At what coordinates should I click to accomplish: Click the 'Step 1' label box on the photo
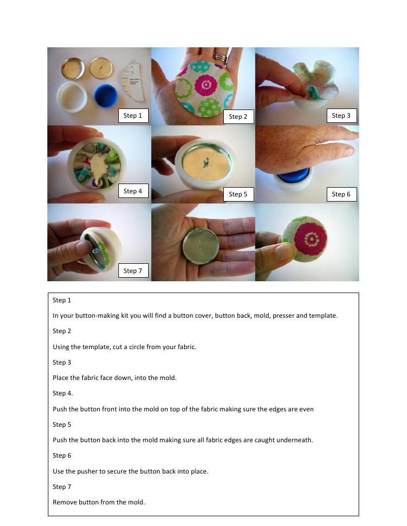(x=133, y=116)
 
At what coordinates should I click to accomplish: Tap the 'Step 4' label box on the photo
(x=133, y=191)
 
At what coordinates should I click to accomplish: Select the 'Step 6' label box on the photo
(x=342, y=194)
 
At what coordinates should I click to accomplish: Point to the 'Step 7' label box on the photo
(x=133, y=271)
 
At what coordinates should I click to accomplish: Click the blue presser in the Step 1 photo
(x=105, y=96)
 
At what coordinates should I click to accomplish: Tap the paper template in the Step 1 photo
(x=133, y=82)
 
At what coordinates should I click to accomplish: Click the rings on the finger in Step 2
(x=220, y=58)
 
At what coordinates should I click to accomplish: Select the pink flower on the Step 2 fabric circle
(x=205, y=84)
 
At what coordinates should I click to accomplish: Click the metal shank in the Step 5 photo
(x=205, y=162)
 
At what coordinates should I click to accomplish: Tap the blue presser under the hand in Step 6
(x=293, y=176)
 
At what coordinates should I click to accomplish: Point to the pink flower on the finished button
(x=310, y=238)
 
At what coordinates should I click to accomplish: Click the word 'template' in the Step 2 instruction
(x=96, y=347)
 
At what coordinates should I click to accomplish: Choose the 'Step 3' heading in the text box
(x=62, y=362)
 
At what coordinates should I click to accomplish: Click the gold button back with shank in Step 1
(x=101, y=68)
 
